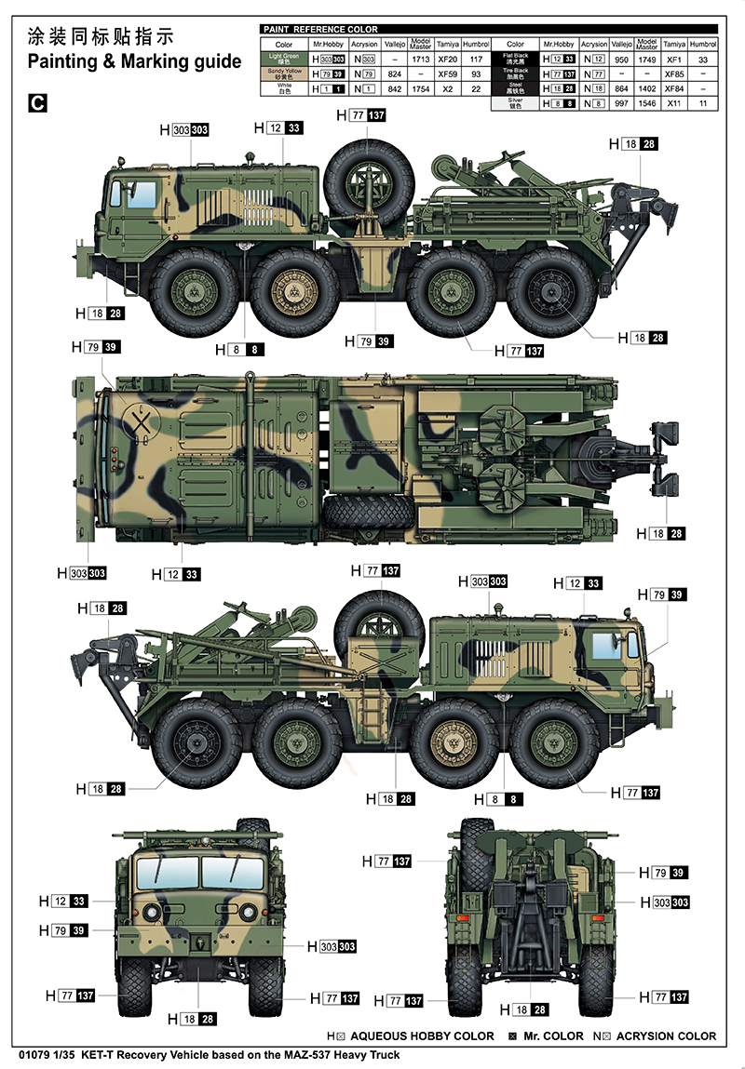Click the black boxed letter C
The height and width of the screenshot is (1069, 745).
pyautogui.click(x=37, y=102)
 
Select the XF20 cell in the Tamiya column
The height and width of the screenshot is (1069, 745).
pyautogui.click(x=448, y=59)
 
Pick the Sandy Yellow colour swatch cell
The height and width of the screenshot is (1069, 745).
pyautogui.click(x=284, y=73)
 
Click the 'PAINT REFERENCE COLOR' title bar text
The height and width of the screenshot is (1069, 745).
pyautogui.click(x=321, y=30)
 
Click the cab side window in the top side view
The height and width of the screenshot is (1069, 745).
pyautogui.click(x=141, y=194)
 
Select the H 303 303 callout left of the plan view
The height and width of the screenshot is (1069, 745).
pyautogui.click(x=82, y=573)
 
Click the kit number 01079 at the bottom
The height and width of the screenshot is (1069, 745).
pyautogui.click(x=33, y=1055)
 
